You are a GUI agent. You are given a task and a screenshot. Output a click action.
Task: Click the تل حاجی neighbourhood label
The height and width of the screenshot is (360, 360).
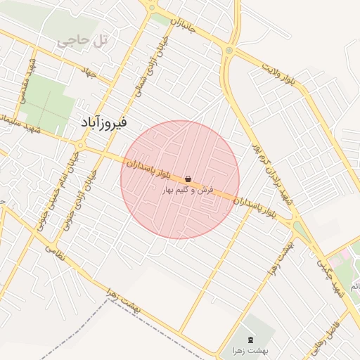(x=83, y=41)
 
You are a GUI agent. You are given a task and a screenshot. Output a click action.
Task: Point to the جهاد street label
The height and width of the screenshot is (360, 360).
(x=89, y=72)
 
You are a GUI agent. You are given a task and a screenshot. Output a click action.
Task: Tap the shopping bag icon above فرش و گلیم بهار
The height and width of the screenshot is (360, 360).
(x=187, y=179)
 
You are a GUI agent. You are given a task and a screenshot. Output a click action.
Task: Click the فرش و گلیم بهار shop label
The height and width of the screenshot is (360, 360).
(x=187, y=190)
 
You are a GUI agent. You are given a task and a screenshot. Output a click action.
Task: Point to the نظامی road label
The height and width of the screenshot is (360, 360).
(x=59, y=253)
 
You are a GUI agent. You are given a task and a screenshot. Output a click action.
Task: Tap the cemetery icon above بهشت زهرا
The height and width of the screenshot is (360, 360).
(x=252, y=340)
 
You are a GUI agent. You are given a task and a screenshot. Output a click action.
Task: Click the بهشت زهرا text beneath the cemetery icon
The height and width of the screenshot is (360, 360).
(x=252, y=350)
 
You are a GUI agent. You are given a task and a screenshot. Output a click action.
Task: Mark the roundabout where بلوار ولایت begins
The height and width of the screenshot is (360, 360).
(x=230, y=51)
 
